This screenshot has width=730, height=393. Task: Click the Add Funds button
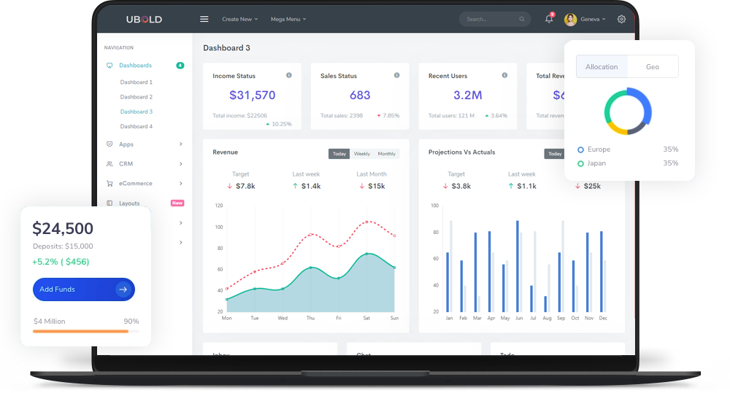pos(83,289)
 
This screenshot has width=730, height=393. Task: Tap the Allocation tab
pos(602,66)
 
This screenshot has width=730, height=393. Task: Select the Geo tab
pos(653,66)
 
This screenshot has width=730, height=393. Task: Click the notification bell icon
pos(549,19)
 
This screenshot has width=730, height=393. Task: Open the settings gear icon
pos(621,19)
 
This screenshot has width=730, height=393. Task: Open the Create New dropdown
pos(239,19)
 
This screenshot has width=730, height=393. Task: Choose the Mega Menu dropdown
pos(288,19)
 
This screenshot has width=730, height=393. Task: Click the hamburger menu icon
pos(204,19)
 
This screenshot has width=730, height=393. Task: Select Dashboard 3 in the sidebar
pos(137,112)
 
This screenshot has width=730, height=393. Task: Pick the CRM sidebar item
pos(126,164)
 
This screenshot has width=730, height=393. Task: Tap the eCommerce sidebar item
pos(135,184)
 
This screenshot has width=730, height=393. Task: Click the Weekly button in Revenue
pos(362,154)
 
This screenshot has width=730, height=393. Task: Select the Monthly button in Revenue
pos(387,154)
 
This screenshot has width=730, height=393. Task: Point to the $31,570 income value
pos(252,96)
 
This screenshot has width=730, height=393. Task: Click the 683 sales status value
pos(360,96)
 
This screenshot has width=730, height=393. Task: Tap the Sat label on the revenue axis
pos(366,319)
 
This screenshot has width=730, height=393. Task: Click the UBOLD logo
pos(144,19)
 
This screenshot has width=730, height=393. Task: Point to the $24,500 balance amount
pos(63,229)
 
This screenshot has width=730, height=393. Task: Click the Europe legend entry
pos(598,149)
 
